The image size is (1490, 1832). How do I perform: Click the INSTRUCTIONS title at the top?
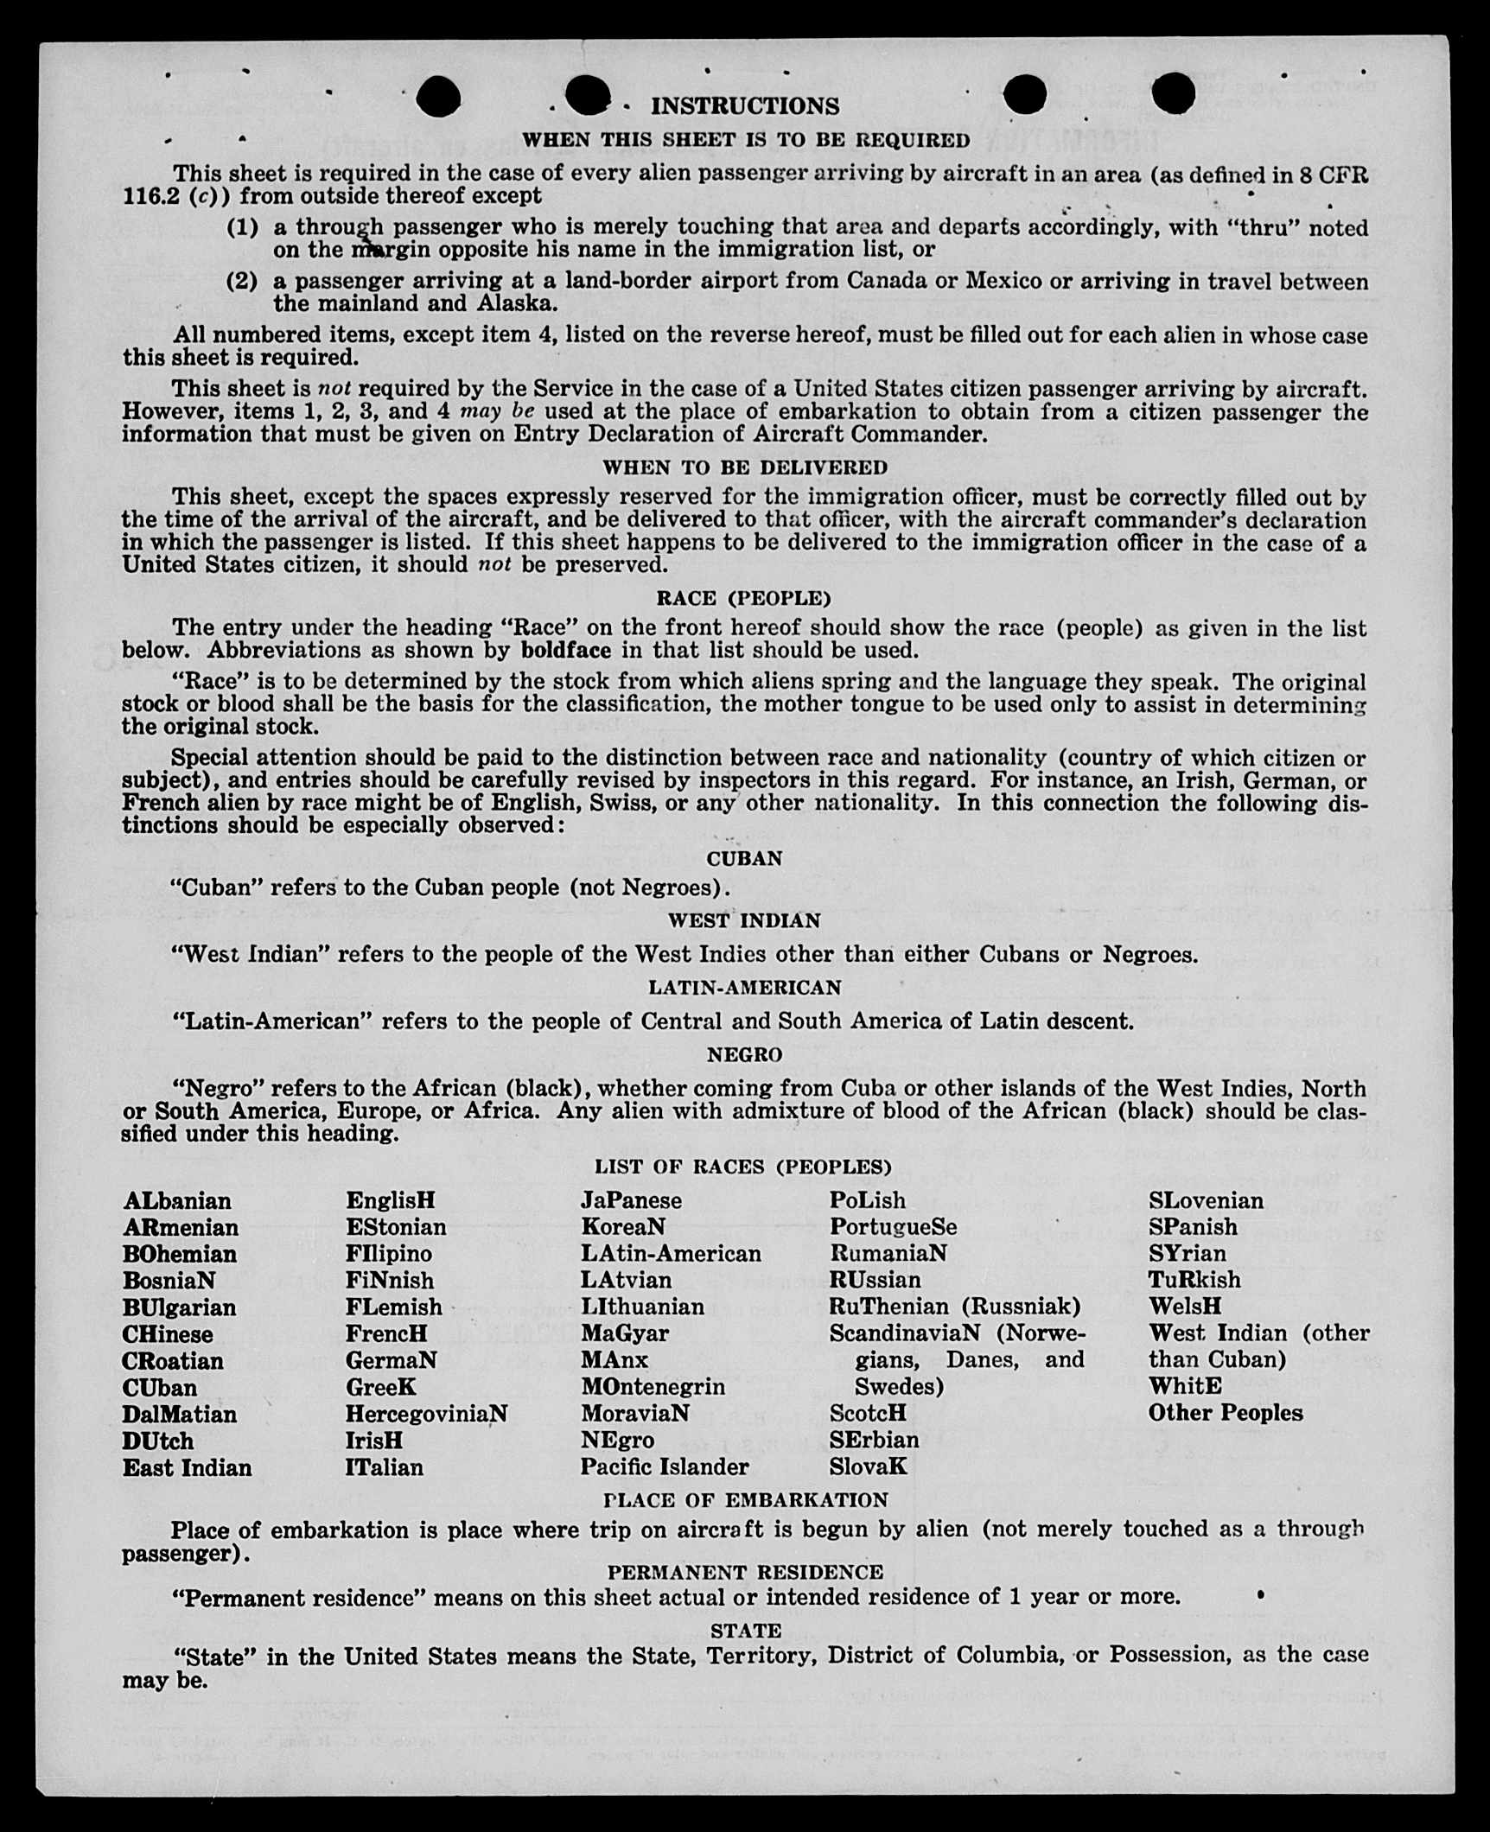coord(744,106)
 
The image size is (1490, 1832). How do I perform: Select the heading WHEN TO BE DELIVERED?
coord(744,468)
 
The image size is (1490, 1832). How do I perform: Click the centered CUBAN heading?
coord(744,858)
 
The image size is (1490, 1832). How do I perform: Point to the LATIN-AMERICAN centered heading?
coord(744,987)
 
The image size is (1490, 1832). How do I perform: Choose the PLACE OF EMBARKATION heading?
coord(745,1499)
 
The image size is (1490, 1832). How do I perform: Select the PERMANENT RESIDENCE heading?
coord(745,1572)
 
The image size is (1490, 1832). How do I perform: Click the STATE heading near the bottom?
coord(745,1631)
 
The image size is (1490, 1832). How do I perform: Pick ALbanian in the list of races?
coord(177,1201)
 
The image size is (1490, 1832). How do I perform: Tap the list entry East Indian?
coord(187,1467)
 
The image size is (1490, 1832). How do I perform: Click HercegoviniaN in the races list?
coord(426,1414)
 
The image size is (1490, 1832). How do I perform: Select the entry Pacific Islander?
coord(664,1466)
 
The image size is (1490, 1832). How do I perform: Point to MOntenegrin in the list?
coord(653,1387)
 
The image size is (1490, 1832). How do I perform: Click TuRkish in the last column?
coord(1194,1280)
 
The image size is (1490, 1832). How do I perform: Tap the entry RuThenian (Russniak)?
coord(954,1307)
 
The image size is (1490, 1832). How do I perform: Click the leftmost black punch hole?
coord(437,96)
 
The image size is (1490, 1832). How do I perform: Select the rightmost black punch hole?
coord(1173,93)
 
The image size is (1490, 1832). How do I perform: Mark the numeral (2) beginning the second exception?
coord(242,282)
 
